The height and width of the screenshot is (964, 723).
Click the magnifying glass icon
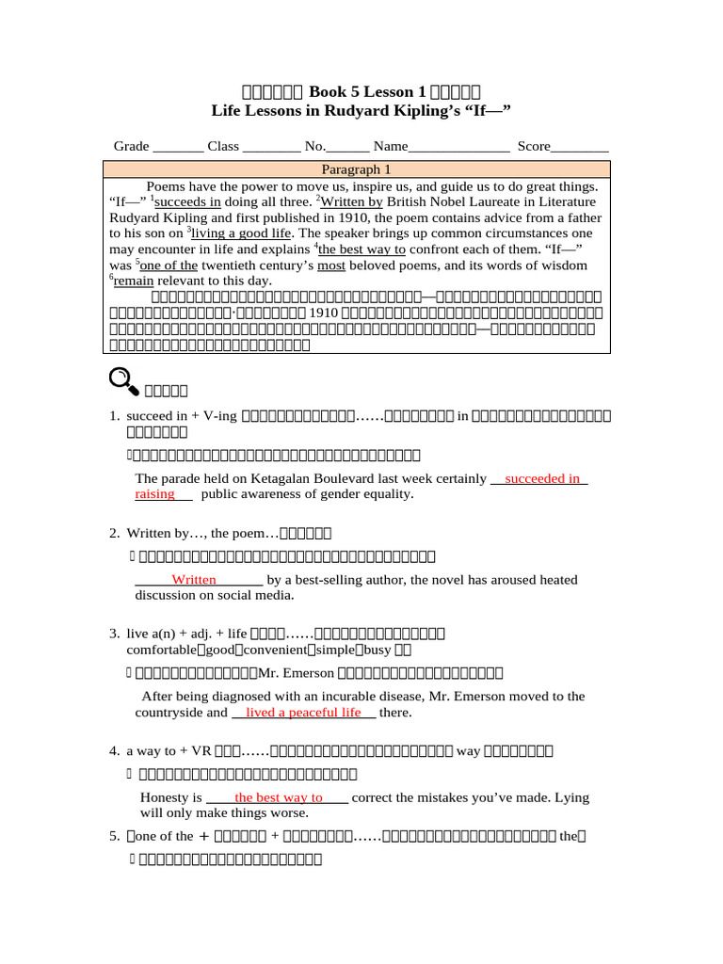pos(123,380)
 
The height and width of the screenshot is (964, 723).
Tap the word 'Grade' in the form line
pos(132,146)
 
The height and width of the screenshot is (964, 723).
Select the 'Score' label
pos(534,146)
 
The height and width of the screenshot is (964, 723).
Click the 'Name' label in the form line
pos(391,146)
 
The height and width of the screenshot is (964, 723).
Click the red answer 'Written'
pos(194,580)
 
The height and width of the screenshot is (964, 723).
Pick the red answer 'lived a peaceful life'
pos(303,713)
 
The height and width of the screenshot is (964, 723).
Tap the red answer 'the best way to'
pos(279,797)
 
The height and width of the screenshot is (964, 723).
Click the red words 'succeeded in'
pos(542,478)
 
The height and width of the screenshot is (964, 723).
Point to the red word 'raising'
pos(155,493)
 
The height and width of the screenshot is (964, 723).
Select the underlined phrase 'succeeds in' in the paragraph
pos(188,201)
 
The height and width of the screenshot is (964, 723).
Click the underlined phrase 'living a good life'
pos(243,233)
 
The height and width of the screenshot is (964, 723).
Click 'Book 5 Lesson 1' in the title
pos(361,91)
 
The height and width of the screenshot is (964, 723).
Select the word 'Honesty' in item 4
pos(165,797)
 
